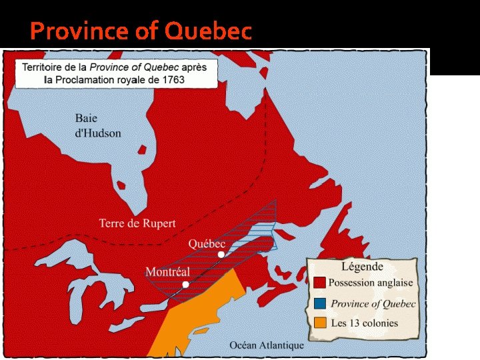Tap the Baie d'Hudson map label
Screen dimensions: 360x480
click(98, 125)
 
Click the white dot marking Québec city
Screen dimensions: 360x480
click(221, 255)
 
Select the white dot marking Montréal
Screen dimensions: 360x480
click(185, 285)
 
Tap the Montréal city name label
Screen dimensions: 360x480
click(167, 272)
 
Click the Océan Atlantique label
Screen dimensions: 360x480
click(267, 345)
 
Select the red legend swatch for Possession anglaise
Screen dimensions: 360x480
click(319, 283)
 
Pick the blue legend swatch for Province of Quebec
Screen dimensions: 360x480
click(319, 303)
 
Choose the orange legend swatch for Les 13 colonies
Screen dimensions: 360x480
click(319, 323)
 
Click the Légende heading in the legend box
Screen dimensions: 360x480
click(362, 266)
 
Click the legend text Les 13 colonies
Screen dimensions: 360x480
click(364, 323)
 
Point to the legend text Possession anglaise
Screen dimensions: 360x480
click(371, 283)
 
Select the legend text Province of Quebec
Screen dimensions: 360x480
click(373, 303)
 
